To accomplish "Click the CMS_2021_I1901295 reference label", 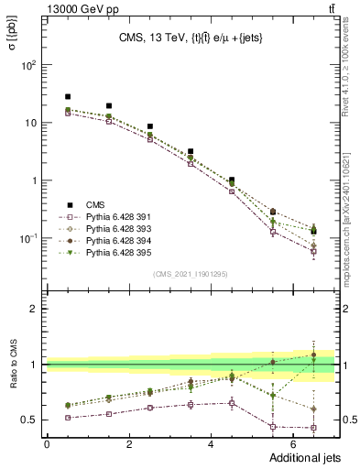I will [190, 274].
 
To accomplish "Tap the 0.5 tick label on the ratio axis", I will [29, 420].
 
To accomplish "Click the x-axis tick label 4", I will [212, 443].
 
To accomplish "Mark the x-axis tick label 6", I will [294, 443].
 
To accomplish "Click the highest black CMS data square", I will [68, 96].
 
